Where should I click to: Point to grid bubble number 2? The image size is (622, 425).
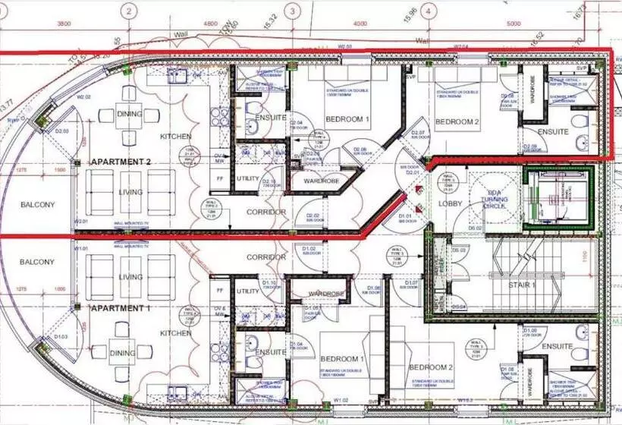[x=130, y=11]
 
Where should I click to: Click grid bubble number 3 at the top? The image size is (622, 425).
[x=292, y=11]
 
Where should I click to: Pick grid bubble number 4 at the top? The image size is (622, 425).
[x=429, y=11]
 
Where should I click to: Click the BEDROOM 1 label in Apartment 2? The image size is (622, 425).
[x=347, y=120]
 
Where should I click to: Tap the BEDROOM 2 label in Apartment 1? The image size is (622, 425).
[x=432, y=367]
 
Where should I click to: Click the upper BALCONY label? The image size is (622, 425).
[x=35, y=204]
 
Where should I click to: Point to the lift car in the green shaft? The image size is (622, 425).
[x=557, y=197]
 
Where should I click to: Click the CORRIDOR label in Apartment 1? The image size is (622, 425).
[x=265, y=258]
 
